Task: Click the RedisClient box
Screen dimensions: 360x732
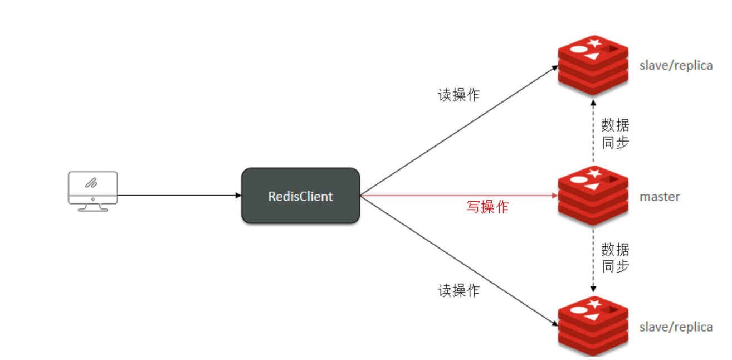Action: tap(300, 196)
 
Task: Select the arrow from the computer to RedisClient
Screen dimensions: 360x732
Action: tap(178, 196)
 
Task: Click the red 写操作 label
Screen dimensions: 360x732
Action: tap(487, 207)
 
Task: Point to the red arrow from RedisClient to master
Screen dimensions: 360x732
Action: tap(457, 196)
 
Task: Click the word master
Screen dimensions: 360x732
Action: tap(660, 197)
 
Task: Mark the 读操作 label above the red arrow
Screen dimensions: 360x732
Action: tap(458, 95)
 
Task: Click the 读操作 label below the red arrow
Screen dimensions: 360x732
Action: tap(458, 290)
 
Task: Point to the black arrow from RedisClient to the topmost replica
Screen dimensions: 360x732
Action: tap(457, 132)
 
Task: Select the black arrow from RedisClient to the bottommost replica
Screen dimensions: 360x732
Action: tap(457, 260)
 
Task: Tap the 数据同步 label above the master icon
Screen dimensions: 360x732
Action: tap(616, 133)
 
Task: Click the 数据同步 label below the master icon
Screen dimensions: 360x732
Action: tap(616, 257)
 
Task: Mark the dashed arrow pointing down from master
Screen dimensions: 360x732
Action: tap(594, 259)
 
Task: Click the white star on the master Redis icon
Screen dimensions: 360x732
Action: tap(594, 173)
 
